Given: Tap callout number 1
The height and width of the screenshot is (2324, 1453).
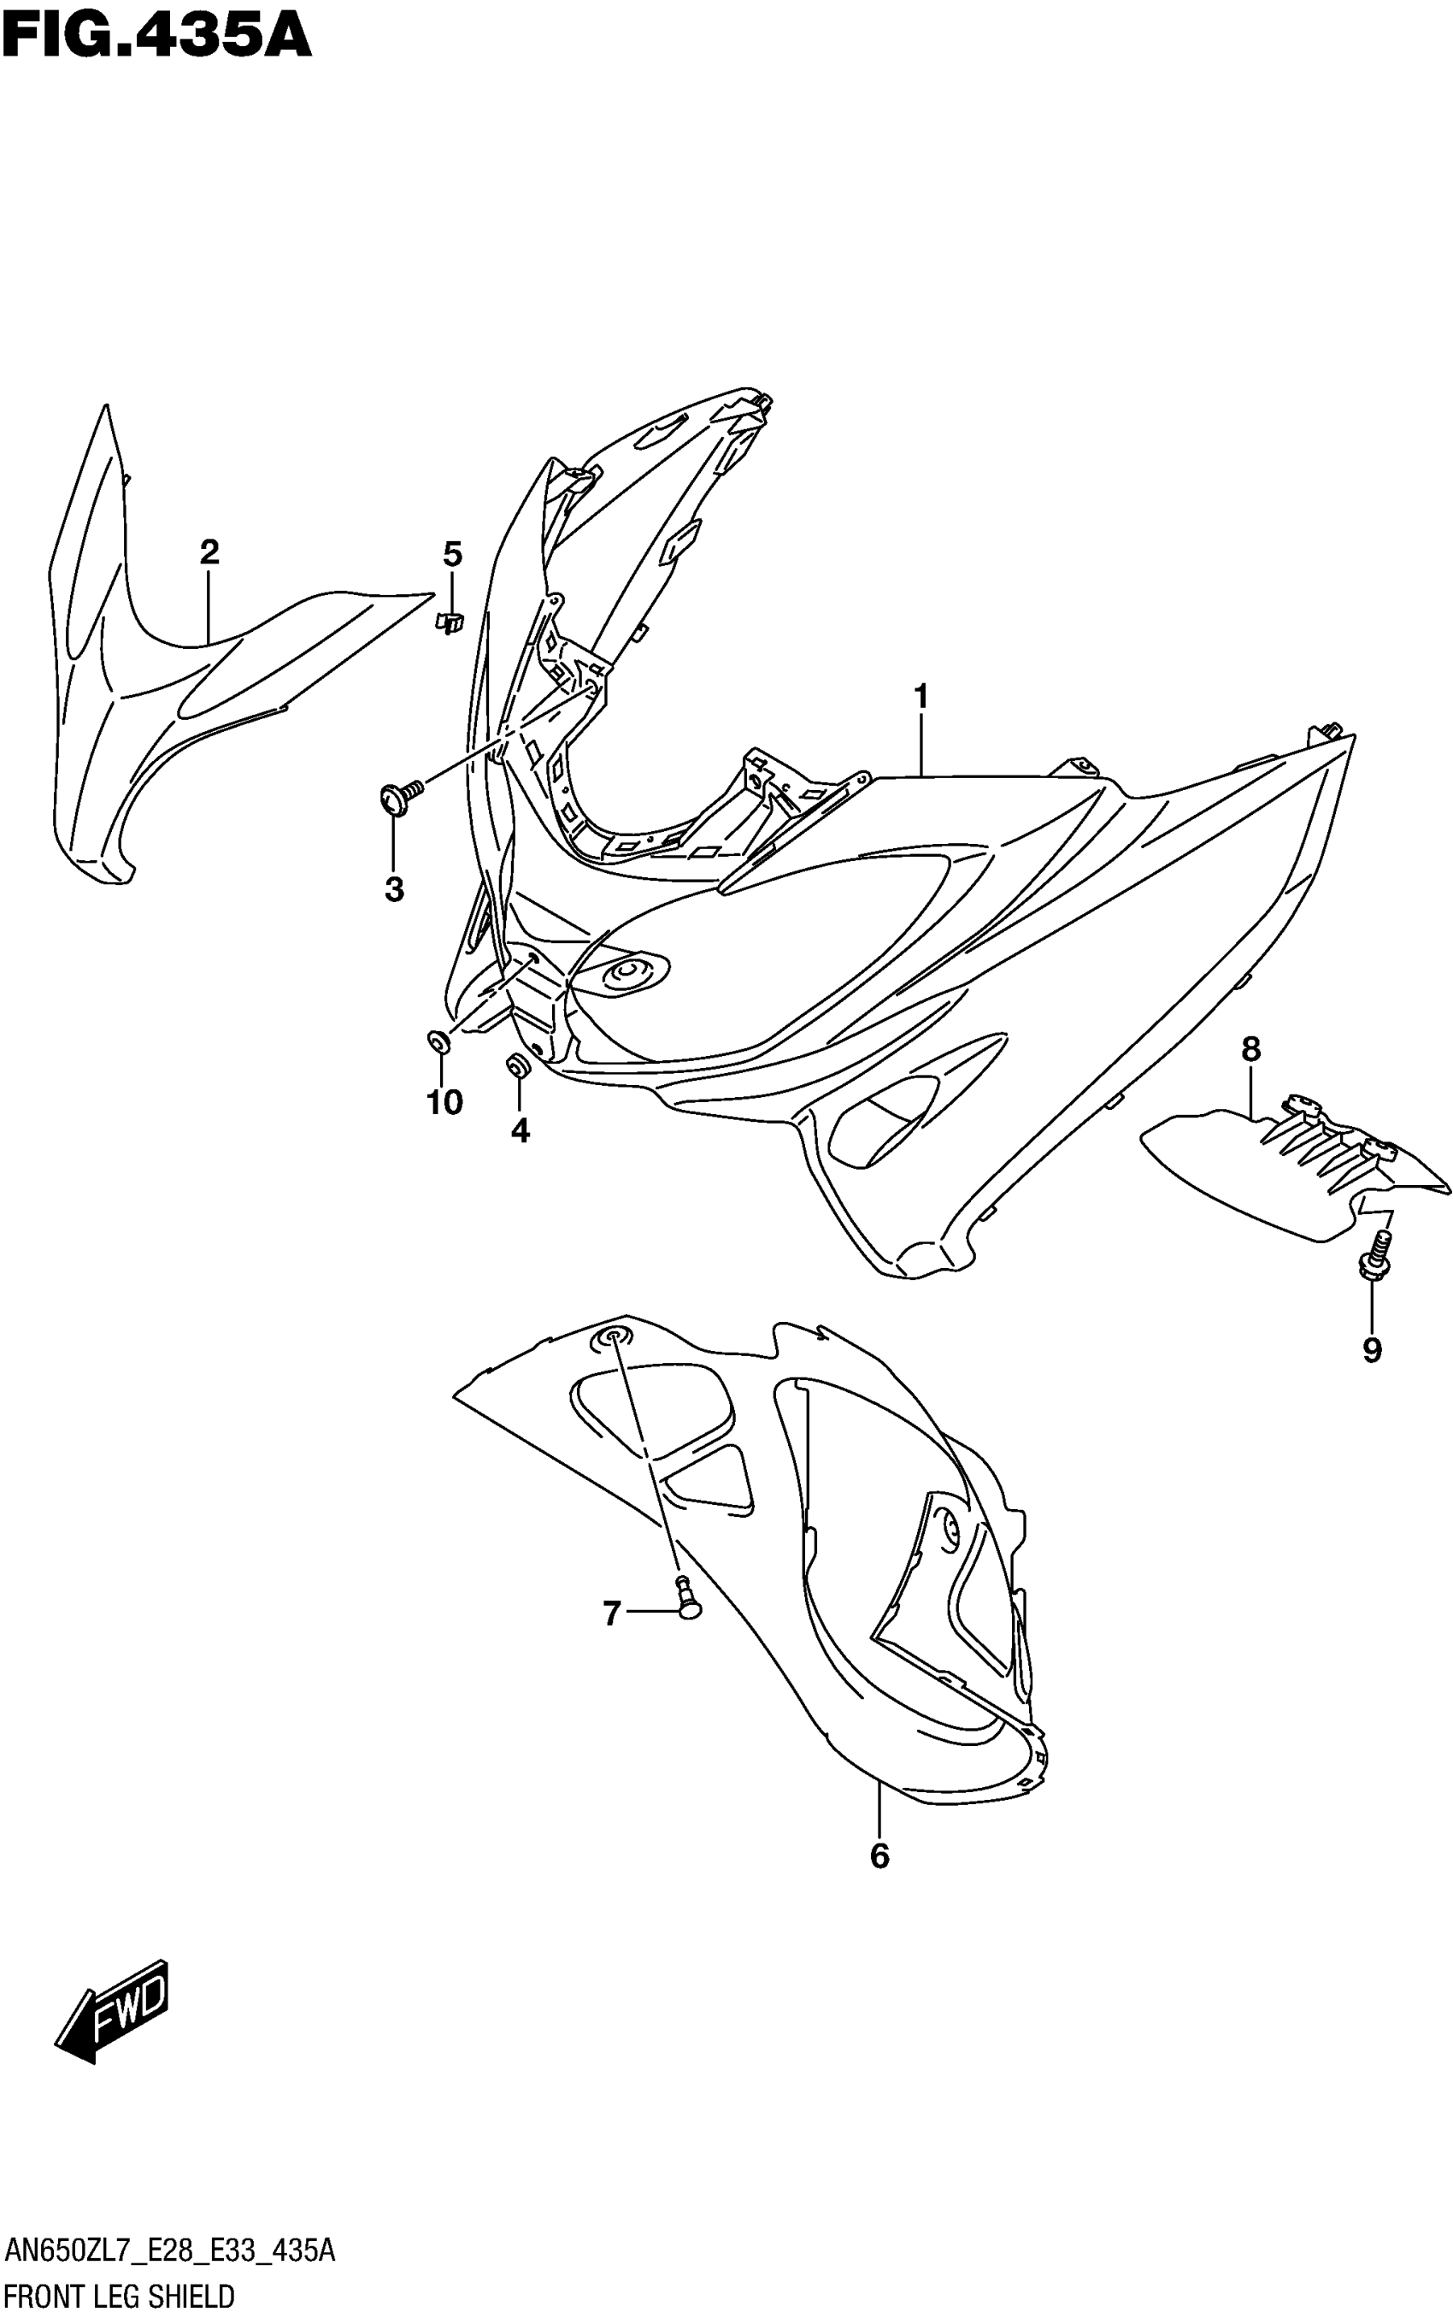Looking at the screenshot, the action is (921, 696).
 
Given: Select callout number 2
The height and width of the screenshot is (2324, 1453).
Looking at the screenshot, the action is (209, 552).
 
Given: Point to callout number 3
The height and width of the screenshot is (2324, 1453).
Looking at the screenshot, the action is (394, 890).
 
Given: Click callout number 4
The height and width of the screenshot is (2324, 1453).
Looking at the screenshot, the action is (520, 1130).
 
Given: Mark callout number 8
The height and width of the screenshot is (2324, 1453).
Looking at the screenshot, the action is (1250, 1049).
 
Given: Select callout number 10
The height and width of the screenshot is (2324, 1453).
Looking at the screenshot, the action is (445, 1102).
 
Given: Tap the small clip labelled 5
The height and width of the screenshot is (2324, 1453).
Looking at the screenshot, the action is (449, 621).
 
